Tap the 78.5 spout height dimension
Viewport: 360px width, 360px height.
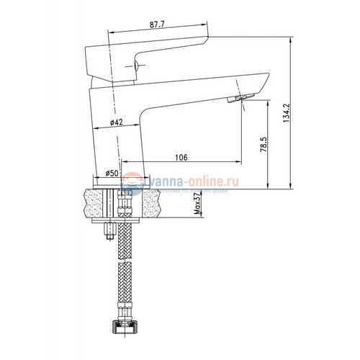click(x=264, y=146)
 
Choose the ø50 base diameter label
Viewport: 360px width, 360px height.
click(x=112, y=173)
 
